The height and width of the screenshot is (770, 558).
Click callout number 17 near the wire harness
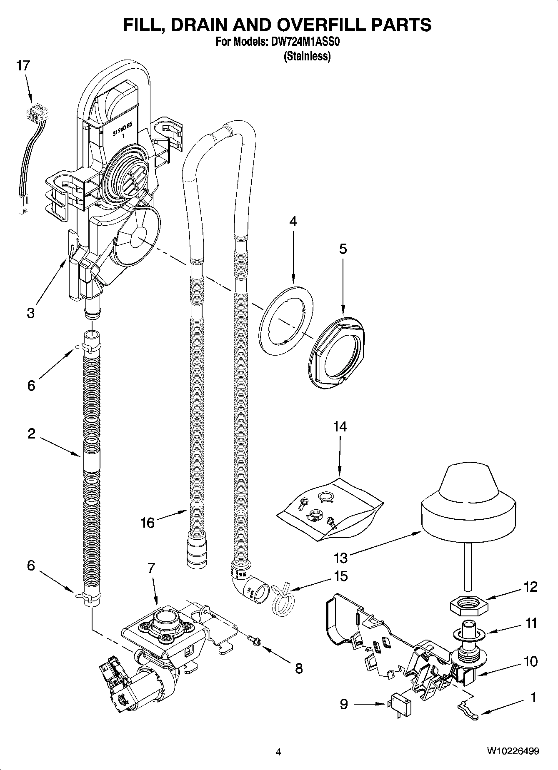[23, 66]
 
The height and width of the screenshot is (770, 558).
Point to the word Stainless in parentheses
[307, 56]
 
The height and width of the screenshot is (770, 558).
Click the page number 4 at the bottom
[278, 751]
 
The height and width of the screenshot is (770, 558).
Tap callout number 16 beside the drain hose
[148, 522]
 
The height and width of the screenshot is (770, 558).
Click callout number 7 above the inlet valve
[151, 568]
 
